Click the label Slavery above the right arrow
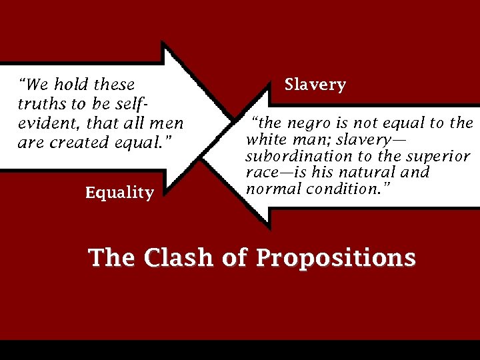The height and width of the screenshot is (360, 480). (315, 85)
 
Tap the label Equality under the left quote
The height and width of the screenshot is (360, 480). (119, 193)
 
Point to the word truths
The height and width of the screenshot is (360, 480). (37, 104)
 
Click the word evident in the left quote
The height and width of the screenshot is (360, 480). (43, 123)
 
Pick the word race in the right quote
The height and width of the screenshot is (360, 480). (261, 172)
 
